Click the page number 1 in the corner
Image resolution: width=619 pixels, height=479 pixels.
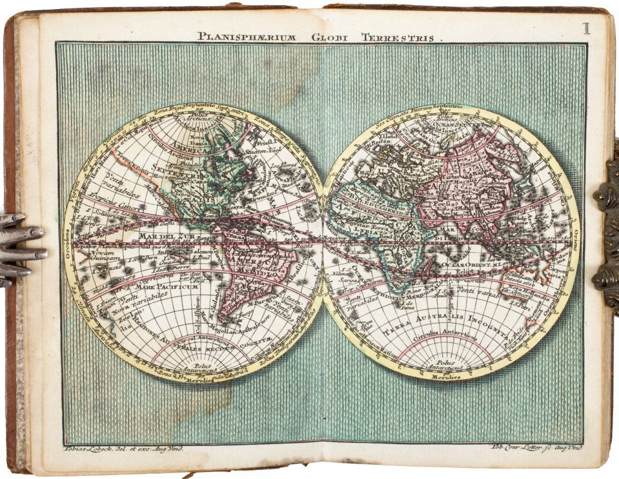click(586, 28)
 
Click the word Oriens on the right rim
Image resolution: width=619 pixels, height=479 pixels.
click(575, 242)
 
